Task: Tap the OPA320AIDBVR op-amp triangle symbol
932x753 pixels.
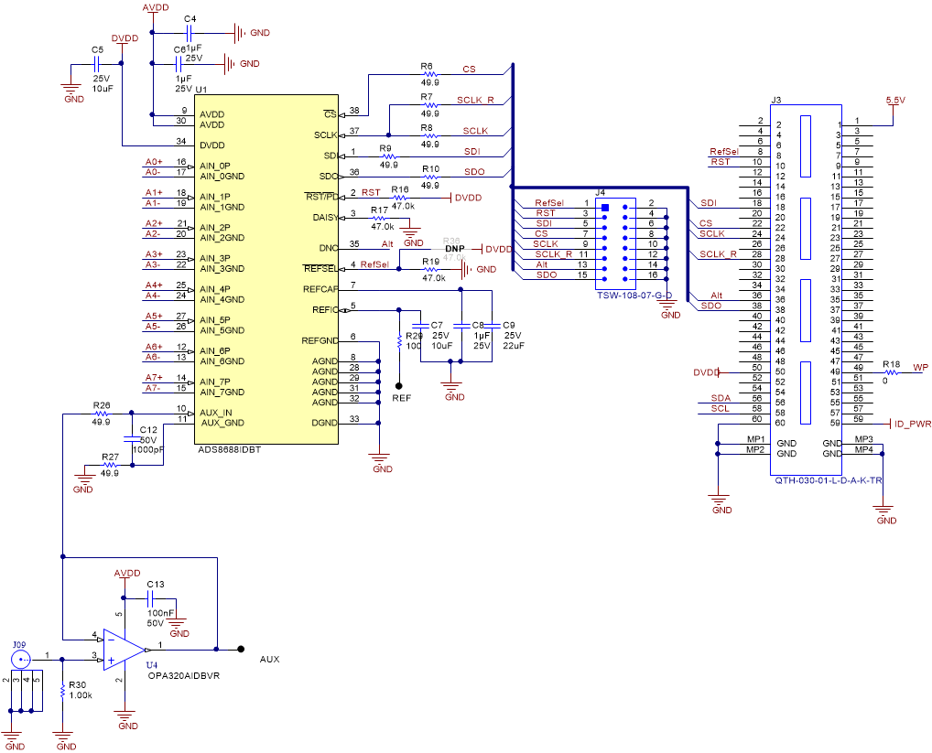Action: tap(120, 650)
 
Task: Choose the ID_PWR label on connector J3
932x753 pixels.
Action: tap(912, 425)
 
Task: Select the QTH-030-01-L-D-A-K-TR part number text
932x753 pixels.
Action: tap(828, 479)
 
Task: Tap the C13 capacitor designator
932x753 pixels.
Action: tap(156, 584)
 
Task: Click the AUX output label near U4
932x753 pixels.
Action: tap(269, 659)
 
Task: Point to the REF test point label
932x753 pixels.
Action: tap(401, 399)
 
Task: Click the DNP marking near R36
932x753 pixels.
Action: tap(455, 249)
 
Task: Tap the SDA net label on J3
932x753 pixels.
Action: tap(720, 399)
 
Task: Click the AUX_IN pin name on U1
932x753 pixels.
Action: tap(216, 413)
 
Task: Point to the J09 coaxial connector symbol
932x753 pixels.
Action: tap(20, 658)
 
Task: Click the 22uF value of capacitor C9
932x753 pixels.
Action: tap(513, 345)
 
